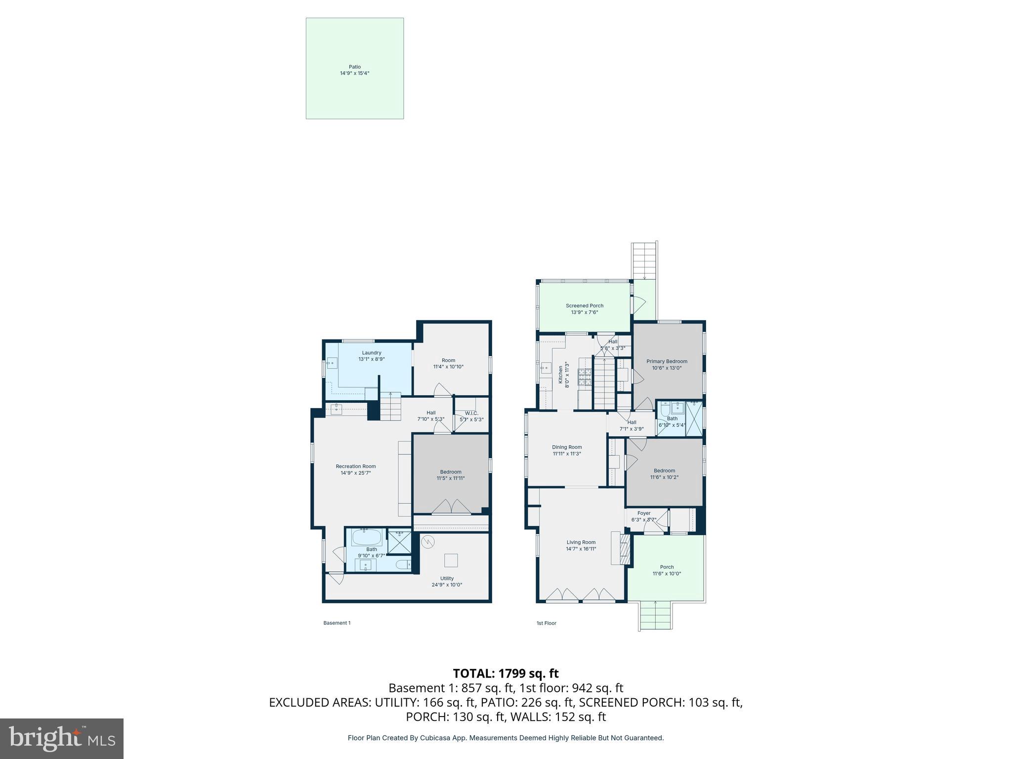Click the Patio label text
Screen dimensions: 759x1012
tap(354, 67)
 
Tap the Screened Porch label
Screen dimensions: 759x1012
tap(585, 306)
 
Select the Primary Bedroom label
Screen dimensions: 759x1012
tap(667, 361)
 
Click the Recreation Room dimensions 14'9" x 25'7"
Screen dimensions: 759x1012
tap(355, 473)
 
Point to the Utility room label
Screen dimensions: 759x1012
tap(447, 578)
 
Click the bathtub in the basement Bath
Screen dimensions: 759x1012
tap(366, 537)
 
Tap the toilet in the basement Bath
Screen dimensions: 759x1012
tap(403, 564)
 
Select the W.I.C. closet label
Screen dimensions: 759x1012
tap(471, 413)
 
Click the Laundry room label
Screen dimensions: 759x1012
tap(371, 353)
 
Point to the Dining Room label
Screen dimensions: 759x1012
tap(567, 447)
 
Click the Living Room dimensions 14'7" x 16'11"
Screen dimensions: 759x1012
tap(581, 548)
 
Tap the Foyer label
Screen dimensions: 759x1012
tap(643, 513)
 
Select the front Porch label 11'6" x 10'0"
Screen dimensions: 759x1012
tap(667, 570)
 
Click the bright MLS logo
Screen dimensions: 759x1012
tap(62, 738)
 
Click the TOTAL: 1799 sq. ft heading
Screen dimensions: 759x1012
tap(506, 673)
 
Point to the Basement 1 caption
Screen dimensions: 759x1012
tap(337, 623)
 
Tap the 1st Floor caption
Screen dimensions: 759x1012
tap(546, 623)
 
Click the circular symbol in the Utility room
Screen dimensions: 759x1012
tap(427, 542)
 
